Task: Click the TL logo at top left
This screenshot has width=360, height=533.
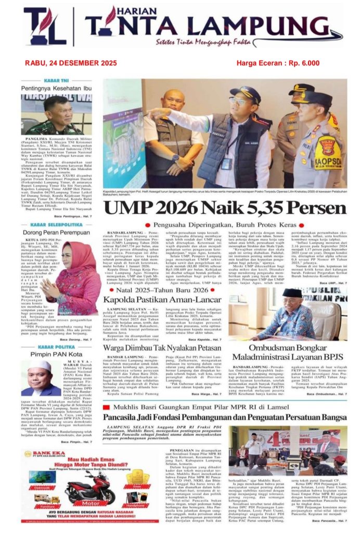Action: (44, 27)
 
